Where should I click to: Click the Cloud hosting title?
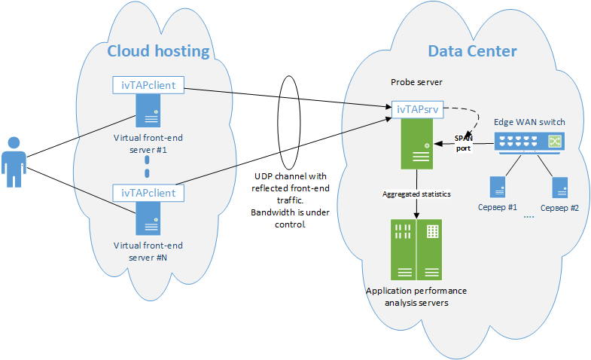point(158,51)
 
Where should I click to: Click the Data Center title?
point(472,51)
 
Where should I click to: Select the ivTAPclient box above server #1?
point(148,85)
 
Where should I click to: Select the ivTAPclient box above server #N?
point(148,194)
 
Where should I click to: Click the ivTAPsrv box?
point(416,110)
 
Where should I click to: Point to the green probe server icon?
point(416,146)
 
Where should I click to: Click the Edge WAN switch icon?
point(529,141)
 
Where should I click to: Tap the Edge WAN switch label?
point(529,122)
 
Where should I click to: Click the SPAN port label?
point(463,143)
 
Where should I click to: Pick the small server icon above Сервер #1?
point(497,187)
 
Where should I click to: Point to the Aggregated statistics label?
point(416,194)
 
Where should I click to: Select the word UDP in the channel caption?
point(265,175)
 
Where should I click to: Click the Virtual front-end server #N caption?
point(148,251)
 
